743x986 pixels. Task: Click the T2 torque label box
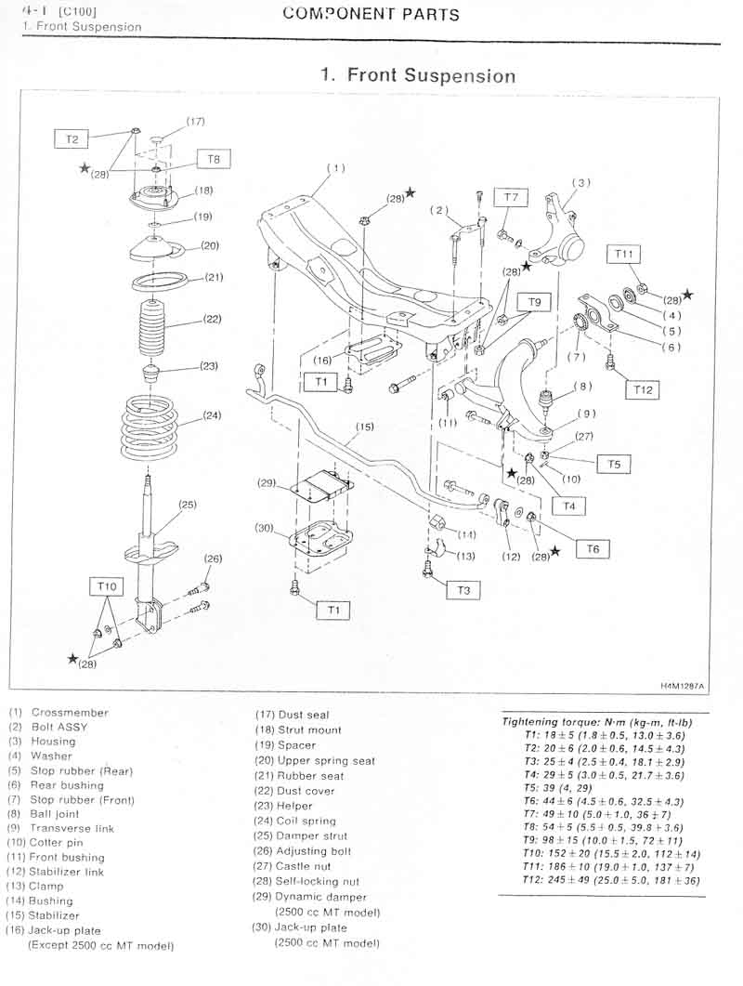pyautogui.click(x=72, y=139)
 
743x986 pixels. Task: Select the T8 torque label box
pyautogui.click(x=214, y=159)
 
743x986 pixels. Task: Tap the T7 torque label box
pyautogui.click(x=511, y=197)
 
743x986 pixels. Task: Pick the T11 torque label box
pyautogui.click(x=623, y=254)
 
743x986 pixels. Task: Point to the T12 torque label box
pyautogui.click(x=643, y=390)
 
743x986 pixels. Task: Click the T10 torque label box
pyautogui.click(x=107, y=586)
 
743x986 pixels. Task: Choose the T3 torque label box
pyautogui.click(x=463, y=590)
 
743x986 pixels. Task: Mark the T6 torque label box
pyautogui.click(x=593, y=549)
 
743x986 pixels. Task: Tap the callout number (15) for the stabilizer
pyautogui.click(x=365, y=427)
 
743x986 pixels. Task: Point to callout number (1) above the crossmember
pyautogui.click(x=336, y=168)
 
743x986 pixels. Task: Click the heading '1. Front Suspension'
pyautogui.click(x=418, y=75)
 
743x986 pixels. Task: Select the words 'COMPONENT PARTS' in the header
pyautogui.click(x=371, y=14)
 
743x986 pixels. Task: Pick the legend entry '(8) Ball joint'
pyautogui.click(x=44, y=814)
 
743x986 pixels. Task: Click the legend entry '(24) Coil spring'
pyautogui.click(x=294, y=821)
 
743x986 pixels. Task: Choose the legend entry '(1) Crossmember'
pyautogui.click(x=59, y=713)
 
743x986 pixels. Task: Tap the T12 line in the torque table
pyautogui.click(x=611, y=880)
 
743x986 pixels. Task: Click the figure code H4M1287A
pyautogui.click(x=682, y=686)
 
